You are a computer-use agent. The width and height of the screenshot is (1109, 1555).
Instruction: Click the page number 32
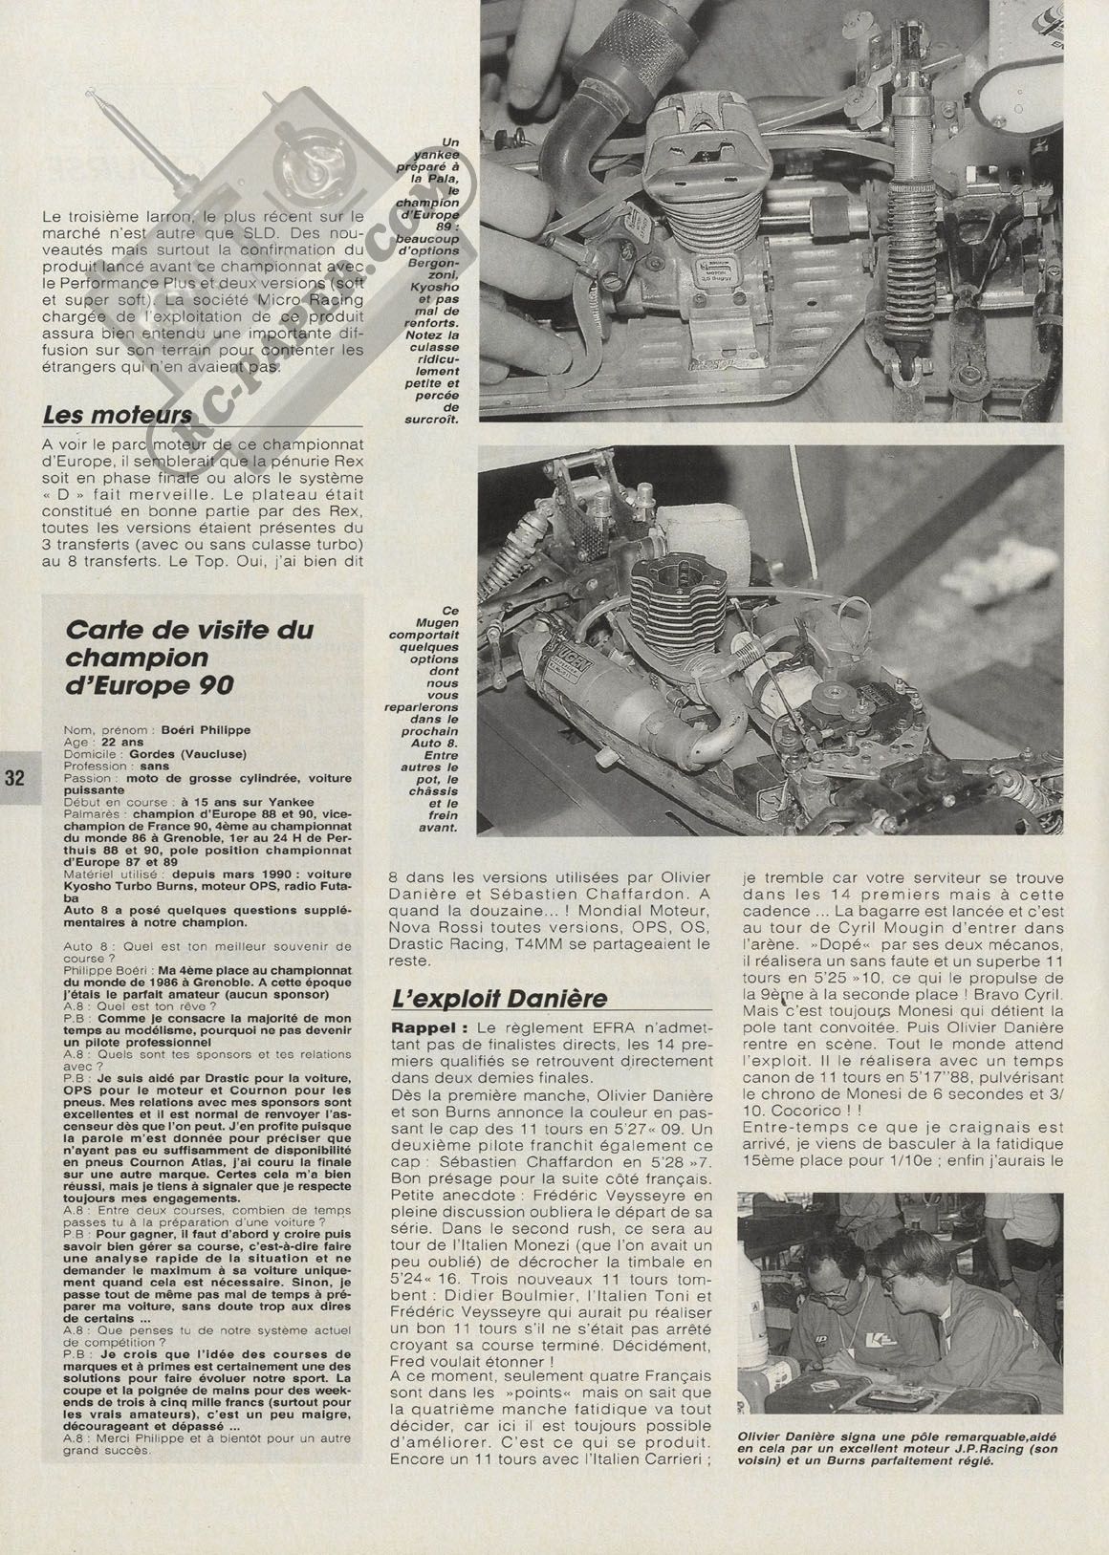point(14,776)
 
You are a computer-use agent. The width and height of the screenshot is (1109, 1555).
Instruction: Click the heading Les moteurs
point(118,415)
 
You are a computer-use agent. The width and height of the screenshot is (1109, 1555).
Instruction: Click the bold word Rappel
point(421,1026)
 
